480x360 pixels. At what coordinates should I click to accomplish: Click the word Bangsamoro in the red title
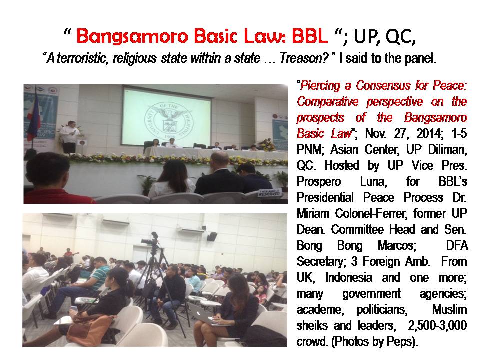pyautogui.click(x=132, y=36)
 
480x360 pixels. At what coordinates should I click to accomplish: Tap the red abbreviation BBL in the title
pyautogui.click(x=309, y=36)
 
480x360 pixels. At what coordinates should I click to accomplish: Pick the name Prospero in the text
pyautogui.click(x=318, y=182)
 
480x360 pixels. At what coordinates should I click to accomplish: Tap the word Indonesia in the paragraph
pyautogui.click(x=348, y=277)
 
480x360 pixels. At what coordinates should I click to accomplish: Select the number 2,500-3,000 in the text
pyautogui.click(x=437, y=325)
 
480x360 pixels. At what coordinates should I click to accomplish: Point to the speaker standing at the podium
pyautogui.click(x=69, y=137)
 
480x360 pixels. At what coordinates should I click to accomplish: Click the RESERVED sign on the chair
pyautogui.click(x=269, y=192)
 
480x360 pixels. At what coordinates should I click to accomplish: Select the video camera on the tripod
pyautogui.click(x=151, y=240)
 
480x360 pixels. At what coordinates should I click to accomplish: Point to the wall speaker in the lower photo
pyautogui.click(x=212, y=236)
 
